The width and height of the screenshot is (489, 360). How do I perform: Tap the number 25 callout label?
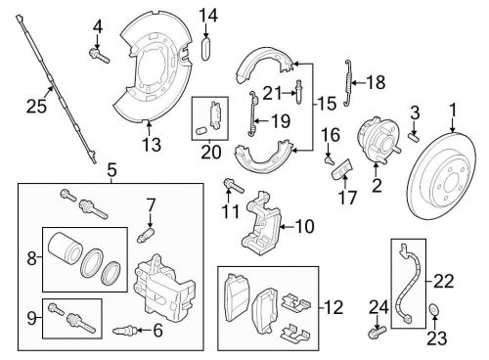tap(36, 107)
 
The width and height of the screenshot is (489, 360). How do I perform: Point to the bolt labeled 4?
tap(99, 56)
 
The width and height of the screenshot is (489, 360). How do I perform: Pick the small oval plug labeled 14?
tap(205, 49)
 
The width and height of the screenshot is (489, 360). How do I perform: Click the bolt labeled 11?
tap(234, 186)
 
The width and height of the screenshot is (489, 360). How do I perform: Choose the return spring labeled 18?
tap(348, 83)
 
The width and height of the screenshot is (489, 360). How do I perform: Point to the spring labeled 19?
tap(253, 113)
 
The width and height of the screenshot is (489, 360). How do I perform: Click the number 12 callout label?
tap(333, 307)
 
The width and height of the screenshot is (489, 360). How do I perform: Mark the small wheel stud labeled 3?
tap(415, 136)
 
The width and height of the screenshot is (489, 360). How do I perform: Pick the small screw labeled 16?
tap(329, 160)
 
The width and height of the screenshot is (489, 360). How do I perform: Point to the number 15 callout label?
tap(327, 104)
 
